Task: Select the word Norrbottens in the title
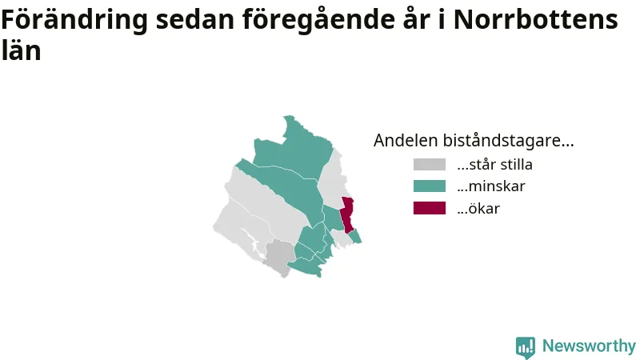[x=535, y=19]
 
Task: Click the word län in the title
[x=21, y=50]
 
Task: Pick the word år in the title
[x=416, y=18]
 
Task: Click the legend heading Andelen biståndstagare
[x=474, y=141]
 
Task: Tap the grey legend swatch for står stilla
[x=430, y=165]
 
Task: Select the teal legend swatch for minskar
[x=430, y=186]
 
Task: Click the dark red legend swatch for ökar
[x=430, y=208]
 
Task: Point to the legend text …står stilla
[x=494, y=165]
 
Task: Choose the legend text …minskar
[x=491, y=186]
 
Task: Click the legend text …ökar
[x=478, y=208]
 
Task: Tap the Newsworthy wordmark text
[x=589, y=346]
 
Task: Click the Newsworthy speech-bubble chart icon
[x=526, y=347]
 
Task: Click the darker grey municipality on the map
[x=278, y=257]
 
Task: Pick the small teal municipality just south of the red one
[x=355, y=237]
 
